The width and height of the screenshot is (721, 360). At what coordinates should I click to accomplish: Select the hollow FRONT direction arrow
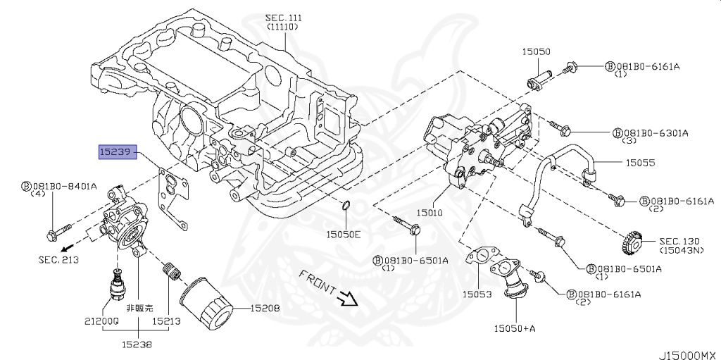pyautogui.click(x=347, y=298)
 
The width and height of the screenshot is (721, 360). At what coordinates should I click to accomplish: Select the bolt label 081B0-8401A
pyautogui.click(x=63, y=187)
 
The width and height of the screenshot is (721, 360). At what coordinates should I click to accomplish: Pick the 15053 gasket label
pyautogui.click(x=477, y=293)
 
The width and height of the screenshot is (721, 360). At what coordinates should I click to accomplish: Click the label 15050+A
pyautogui.click(x=515, y=328)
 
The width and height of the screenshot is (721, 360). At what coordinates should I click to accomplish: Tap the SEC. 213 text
pyautogui.click(x=58, y=260)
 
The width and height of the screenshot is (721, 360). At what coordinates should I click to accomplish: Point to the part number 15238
pyautogui.click(x=137, y=345)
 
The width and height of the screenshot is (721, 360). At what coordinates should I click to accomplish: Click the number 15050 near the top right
pyautogui.click(x=536, y=51)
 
